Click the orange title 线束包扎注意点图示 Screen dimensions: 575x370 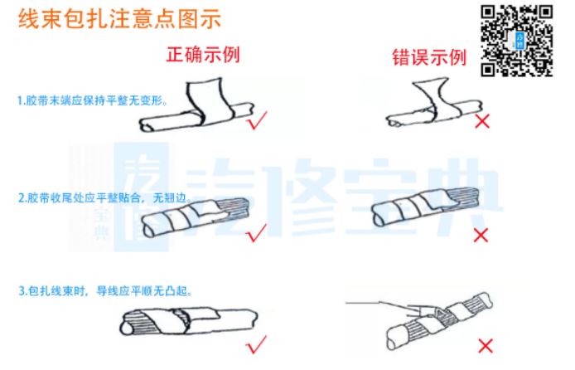119,18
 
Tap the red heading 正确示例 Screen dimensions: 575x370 203,55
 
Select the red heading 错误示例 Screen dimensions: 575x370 429,57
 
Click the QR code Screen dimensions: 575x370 517,41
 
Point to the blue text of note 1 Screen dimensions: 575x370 93,100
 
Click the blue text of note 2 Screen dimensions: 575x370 104,197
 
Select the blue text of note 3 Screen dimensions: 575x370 105,291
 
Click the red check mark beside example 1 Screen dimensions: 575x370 258,120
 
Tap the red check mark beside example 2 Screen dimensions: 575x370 257,233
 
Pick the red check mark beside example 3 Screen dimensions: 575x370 256,344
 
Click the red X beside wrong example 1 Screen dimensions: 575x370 482,121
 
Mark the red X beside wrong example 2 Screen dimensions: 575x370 481,236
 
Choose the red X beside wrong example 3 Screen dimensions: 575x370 486,346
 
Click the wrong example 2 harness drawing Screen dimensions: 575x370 425,207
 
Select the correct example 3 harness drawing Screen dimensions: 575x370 189,322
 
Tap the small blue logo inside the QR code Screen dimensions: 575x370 519,41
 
